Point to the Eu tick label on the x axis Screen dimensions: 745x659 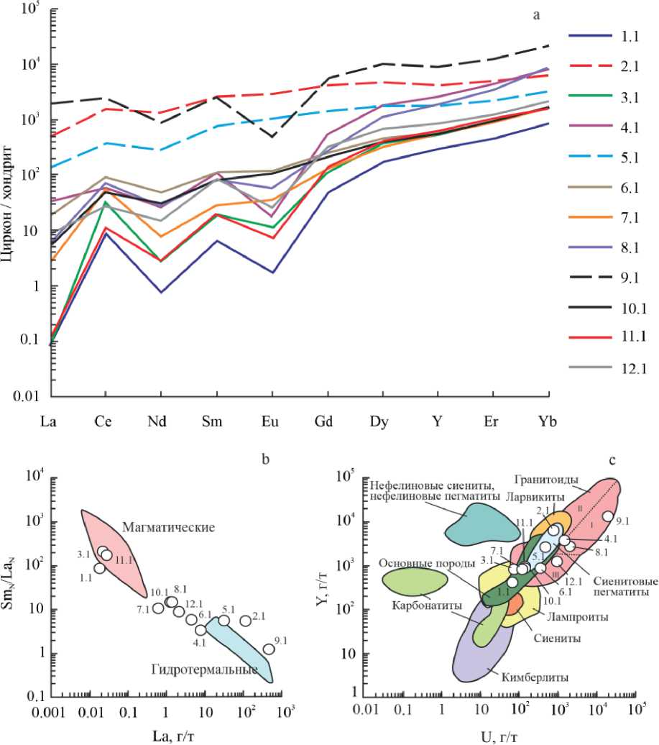coord(272,422)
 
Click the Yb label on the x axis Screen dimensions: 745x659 coord(549,422)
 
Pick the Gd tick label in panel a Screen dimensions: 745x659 coord(326,422)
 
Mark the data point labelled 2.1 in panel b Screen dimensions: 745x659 coord(246,621)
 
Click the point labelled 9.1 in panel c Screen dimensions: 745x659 coord(608,516)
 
